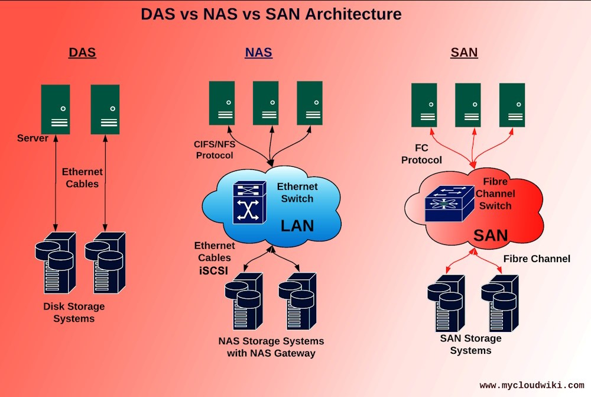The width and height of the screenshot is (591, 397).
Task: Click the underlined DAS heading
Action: point(82,52)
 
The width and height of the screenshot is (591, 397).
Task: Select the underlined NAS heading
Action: point(258,52)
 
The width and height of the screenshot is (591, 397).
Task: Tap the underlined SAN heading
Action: point(464,52)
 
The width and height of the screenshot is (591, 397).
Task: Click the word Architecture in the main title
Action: point(353,14)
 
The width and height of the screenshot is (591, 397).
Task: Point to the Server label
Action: point(33,138)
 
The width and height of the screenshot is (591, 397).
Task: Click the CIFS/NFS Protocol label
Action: point(215,150)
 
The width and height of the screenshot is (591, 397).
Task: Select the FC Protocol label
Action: point(421,154)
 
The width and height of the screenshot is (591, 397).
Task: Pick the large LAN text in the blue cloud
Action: point(297,225)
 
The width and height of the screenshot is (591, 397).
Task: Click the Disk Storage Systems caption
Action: point(74,312)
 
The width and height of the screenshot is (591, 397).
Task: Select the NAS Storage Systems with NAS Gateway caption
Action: point(271,347)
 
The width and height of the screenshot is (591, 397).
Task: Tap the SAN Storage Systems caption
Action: point(470,344)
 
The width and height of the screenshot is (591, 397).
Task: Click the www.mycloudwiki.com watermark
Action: point(531,385)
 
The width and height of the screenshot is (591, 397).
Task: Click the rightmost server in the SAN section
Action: point(512,105)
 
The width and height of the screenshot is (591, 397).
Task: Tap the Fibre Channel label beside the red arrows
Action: point(537,259)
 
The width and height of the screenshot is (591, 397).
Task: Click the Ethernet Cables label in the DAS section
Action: point(82,177)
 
